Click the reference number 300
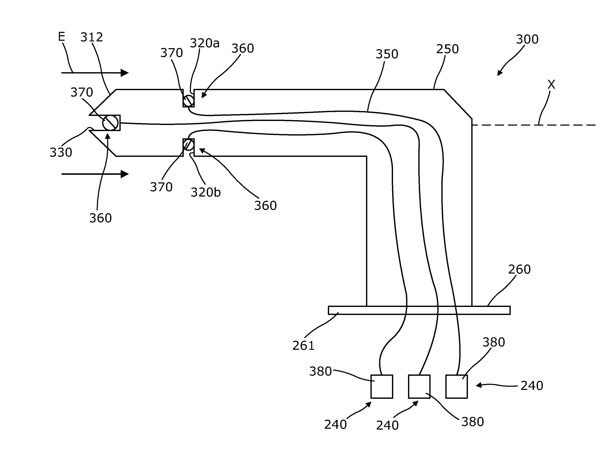(527, 39)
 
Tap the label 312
(92, 37)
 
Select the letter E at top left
(62, 37)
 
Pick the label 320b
(206, 193)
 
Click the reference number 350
(387, 54)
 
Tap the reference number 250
(447, 49)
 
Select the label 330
(61, 152)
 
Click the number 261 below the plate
(303, 346)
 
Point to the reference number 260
(519, 269)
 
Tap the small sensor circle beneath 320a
(189, 101)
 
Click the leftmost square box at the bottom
(382, 387)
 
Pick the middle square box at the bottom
(419, 387)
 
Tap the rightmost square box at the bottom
(456, 387)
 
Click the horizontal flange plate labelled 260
(419, 310)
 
